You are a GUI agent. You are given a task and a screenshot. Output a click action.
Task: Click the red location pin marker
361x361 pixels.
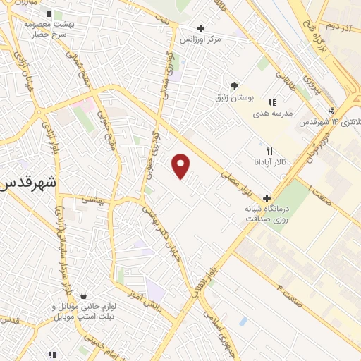[182, 166]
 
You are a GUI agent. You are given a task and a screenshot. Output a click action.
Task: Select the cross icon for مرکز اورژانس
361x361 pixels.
[201, 29]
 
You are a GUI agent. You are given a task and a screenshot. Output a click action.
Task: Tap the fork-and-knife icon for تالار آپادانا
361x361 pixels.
[269, 151]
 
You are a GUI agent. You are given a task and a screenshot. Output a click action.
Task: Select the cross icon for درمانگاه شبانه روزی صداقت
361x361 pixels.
[267, 198]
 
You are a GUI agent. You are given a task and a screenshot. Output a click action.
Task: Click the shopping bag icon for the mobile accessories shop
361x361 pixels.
[84, 295]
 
